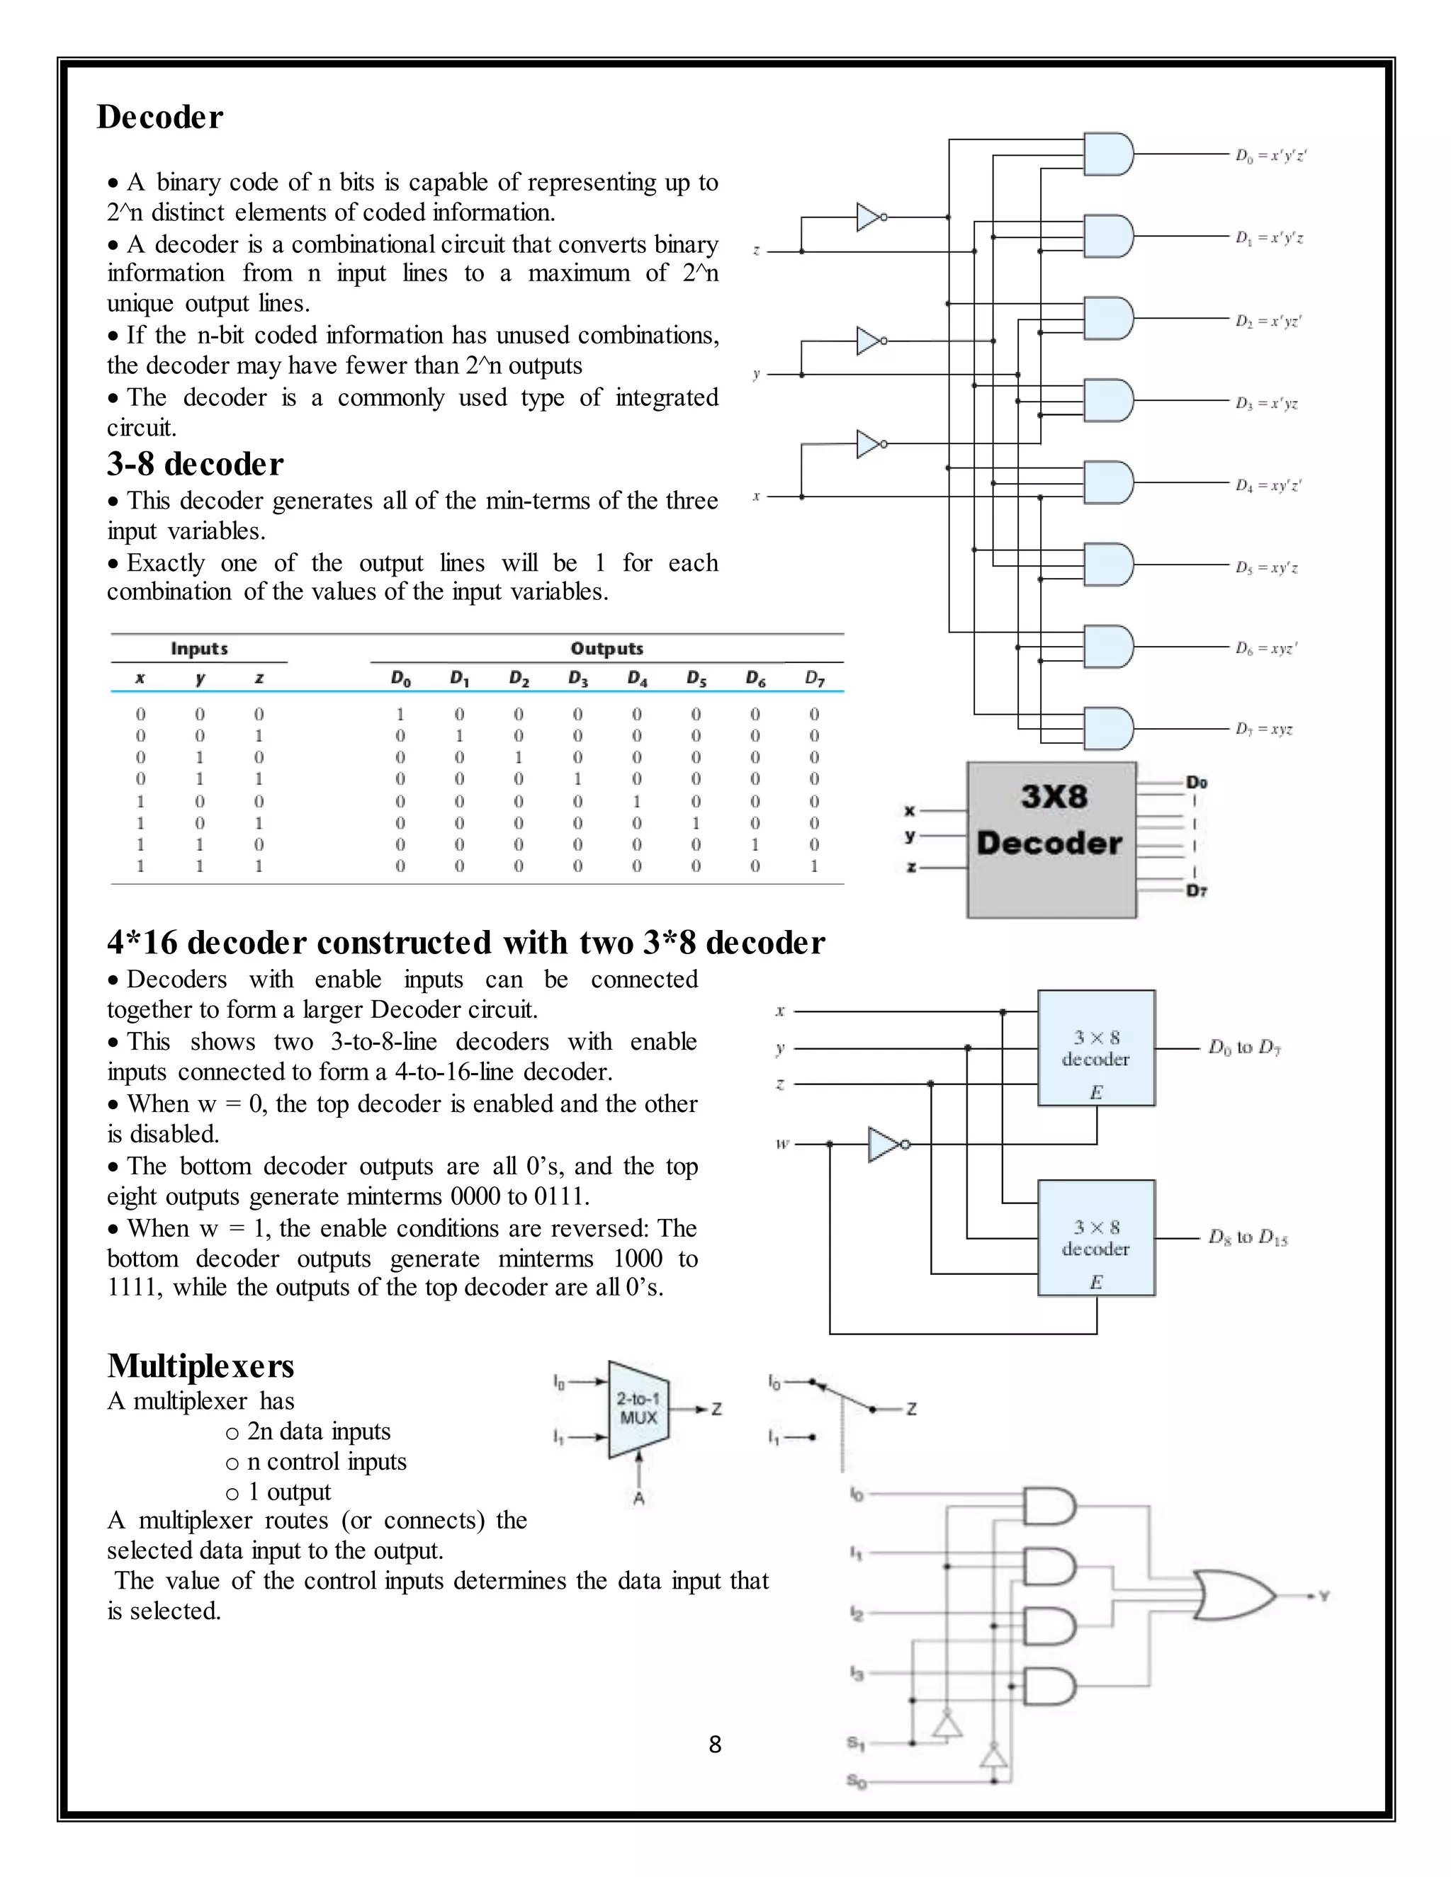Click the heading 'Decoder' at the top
pyautogui.click(x=160, y=117)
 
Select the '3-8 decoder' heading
pyautogui.click(x=195, y=464)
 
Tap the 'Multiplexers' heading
pyautogui.click(x=201, y=1366)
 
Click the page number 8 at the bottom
pyautogui.click(x=714, y=1745)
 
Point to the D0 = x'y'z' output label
pyautogui.click(x=1270, y=156)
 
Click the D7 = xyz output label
pyautogui.click(x=1264, y=729)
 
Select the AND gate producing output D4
pyautogui.click(x=1108, y=483)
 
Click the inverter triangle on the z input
pyautogui.click(x=868, y=217)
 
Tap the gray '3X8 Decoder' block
pyautogui.click(x=1051, y=839)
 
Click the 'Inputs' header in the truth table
pyautogui.click(x=198, y=649)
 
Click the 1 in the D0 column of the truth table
pyautogui.click(x=400, y=714)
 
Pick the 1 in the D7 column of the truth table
pyautogui.click(x=814, y=866)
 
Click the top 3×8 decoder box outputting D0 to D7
pyautogui.click(x=1096, y=1048)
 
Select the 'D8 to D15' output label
pyautogui.click(x=1247, y=1237)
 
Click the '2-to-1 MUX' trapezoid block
pyautogui.click(x=638, y=1410)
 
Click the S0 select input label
pyautogui.click(x=856, y=1781)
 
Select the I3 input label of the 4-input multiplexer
pyautogui.click(x=856, y=1672)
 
